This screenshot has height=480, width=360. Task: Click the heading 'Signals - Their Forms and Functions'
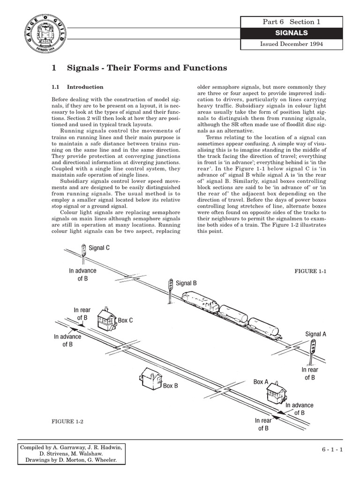[x=139, y=68]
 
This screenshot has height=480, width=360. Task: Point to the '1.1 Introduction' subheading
[x=77, y=87]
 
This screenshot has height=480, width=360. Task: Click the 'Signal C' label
[x=99, y=247]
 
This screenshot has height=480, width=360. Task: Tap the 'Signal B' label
[x=186, y=283]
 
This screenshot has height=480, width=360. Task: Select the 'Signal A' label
[x=316, y=334]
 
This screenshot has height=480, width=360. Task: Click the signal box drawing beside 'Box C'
[x=106, y=320]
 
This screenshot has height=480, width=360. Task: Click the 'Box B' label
[x=171, y=386]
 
